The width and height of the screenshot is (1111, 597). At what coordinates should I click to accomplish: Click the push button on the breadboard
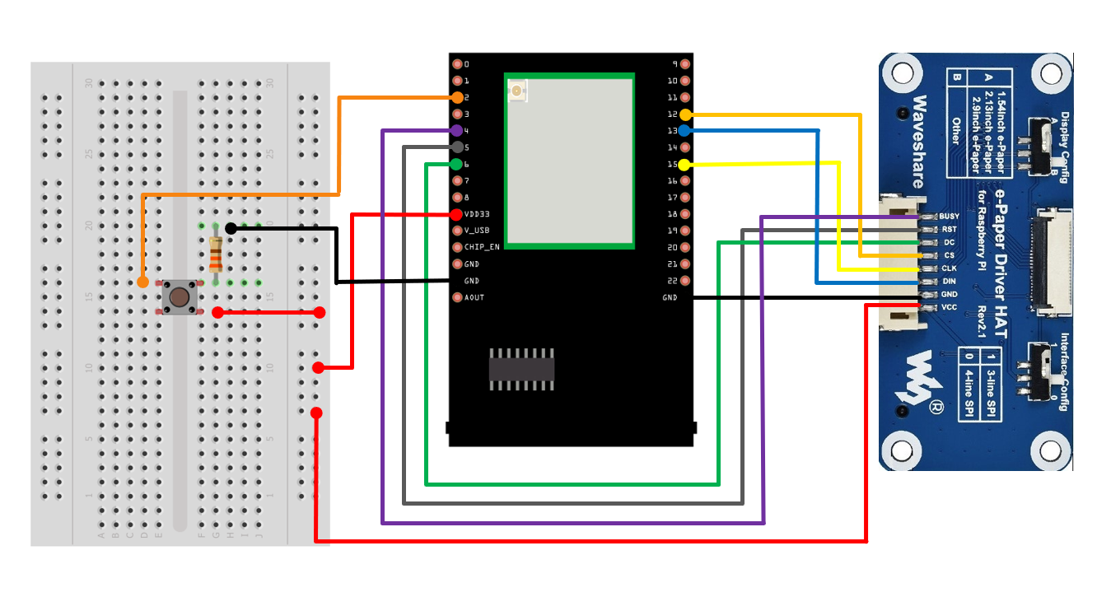179,296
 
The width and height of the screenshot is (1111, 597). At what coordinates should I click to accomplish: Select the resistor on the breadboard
216,254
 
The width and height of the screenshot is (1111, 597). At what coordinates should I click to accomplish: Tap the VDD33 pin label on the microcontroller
478,214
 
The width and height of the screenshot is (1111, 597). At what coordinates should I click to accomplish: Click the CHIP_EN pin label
482,247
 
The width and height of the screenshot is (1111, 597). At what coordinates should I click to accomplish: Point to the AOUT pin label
474,297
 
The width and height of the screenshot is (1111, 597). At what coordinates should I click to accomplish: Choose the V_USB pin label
477,231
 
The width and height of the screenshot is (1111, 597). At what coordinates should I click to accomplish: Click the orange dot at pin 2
457,97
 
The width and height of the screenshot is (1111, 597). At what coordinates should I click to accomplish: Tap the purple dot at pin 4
457,130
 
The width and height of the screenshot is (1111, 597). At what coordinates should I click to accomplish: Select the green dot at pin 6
457,164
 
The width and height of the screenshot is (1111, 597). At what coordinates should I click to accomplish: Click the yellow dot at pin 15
684,165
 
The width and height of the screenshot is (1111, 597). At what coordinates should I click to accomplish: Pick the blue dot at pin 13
684,130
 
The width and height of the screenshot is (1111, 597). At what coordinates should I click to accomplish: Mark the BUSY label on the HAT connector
950,216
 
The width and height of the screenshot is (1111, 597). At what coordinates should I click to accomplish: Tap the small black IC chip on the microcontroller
521,368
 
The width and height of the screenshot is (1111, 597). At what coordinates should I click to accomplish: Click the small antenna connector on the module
517,91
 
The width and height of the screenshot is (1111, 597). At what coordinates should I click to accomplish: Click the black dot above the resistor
231,228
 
